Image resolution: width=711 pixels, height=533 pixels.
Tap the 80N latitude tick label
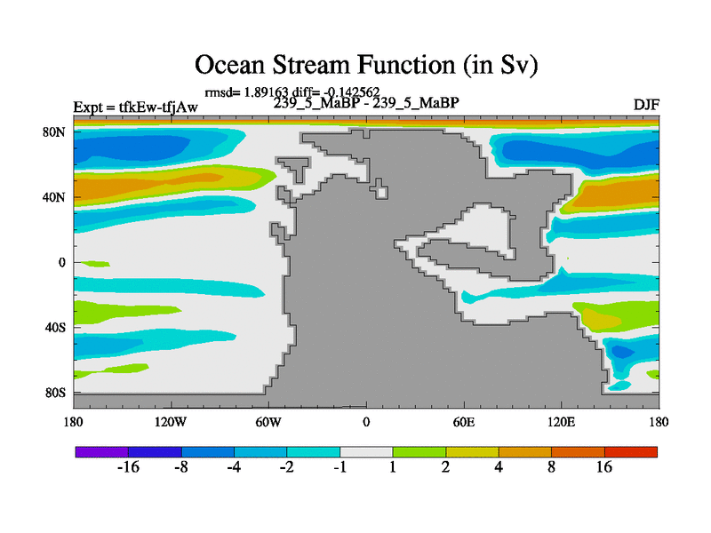pos(54,132)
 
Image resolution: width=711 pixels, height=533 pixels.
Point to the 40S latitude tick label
pos(55,328)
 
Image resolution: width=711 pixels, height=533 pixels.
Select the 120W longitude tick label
pos(171,423)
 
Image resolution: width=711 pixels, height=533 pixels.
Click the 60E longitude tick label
pos(464,423)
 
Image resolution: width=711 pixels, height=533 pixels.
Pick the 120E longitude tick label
pos(562,423)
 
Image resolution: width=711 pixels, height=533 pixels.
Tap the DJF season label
pos(646,105)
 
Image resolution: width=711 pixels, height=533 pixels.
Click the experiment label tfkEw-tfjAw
pos(158,107)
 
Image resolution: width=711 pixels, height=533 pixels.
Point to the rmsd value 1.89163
pos(266,92)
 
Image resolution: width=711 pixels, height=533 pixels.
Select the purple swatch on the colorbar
pos(101,452)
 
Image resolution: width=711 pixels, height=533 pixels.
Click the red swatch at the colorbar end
pos(631,452)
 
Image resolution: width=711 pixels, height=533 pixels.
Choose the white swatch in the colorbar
pos(366,452)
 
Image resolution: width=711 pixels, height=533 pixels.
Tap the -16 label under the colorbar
pos(128,467)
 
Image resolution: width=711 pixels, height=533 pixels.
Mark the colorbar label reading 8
pos(551,467)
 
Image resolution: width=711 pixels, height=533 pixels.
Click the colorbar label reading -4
pos(234,467)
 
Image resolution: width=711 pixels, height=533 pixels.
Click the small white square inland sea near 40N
pos(382,193)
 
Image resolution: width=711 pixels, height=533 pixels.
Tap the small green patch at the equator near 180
pos(95,264)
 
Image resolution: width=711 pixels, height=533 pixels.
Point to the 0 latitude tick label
pos(61,263)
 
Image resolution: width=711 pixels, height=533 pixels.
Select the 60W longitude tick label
pos(268,423)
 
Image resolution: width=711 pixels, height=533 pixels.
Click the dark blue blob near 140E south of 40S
pos(622,352)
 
